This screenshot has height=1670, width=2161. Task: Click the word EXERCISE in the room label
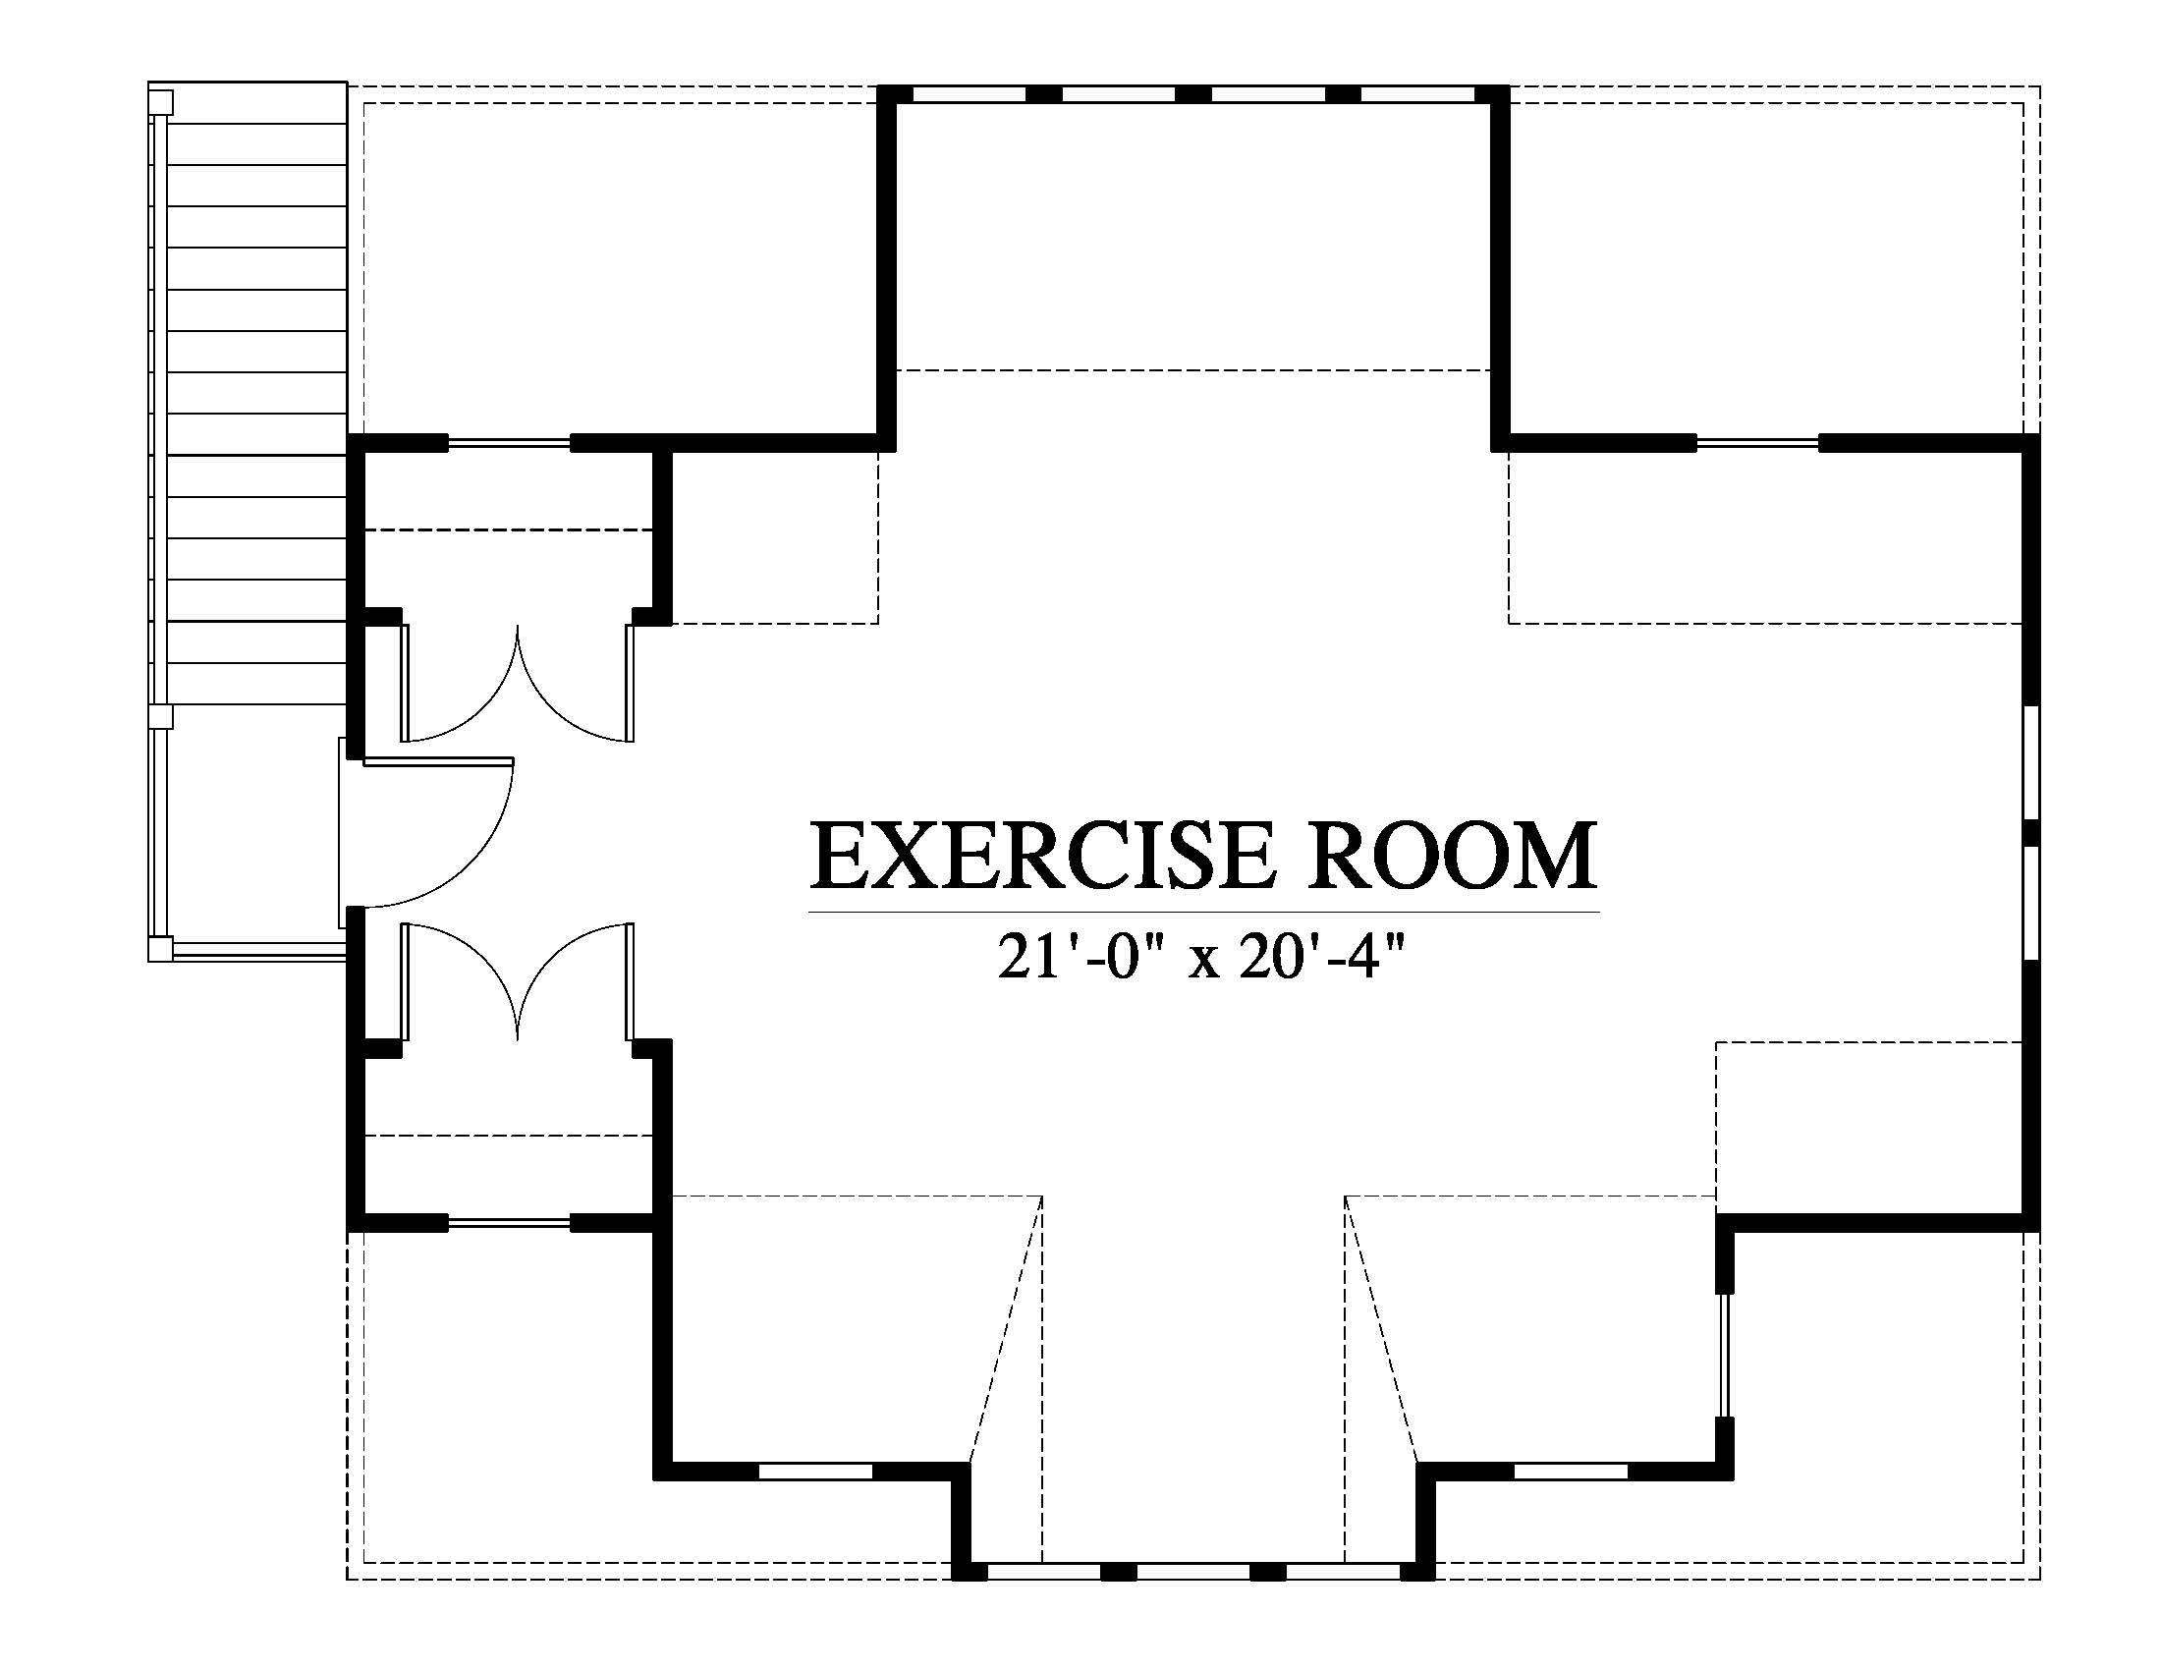point(1041,856)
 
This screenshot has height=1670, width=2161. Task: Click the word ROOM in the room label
point(1453,856)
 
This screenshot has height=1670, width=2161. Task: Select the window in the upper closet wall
point(510,443)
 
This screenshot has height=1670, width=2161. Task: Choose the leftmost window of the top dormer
point(969,95)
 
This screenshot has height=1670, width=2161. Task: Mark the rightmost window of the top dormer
point(1417,95)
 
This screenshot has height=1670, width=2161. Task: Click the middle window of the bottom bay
point(1193,1570)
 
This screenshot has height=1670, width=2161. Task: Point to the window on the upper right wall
point(1757,443)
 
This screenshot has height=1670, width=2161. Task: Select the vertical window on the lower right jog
point(1725,1355)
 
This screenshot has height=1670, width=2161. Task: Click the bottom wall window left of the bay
point(815,1472)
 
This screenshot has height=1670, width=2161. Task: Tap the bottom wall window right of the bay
point(1572,1472)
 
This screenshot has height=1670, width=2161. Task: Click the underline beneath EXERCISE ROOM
point(1204,912)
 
